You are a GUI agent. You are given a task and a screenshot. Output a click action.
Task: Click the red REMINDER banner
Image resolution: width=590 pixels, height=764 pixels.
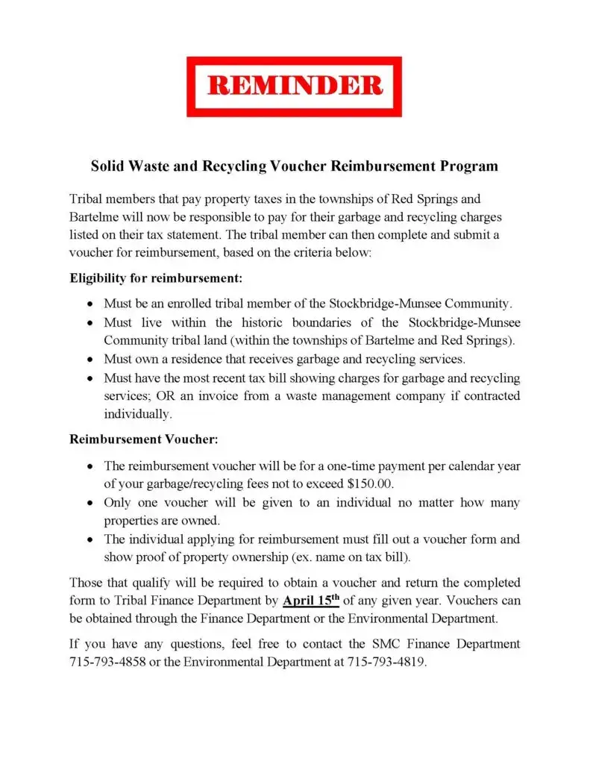pos(294,87)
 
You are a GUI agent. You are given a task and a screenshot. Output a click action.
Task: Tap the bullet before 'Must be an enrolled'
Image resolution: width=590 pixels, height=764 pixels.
pos(90,304)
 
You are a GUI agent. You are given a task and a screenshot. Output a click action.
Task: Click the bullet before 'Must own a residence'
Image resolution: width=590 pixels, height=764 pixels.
pos(90,359)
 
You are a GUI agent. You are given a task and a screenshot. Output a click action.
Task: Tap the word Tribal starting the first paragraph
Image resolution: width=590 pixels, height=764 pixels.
pos(87,199)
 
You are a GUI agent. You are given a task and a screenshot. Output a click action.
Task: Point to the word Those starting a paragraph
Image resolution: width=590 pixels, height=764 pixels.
pos(87,582)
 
